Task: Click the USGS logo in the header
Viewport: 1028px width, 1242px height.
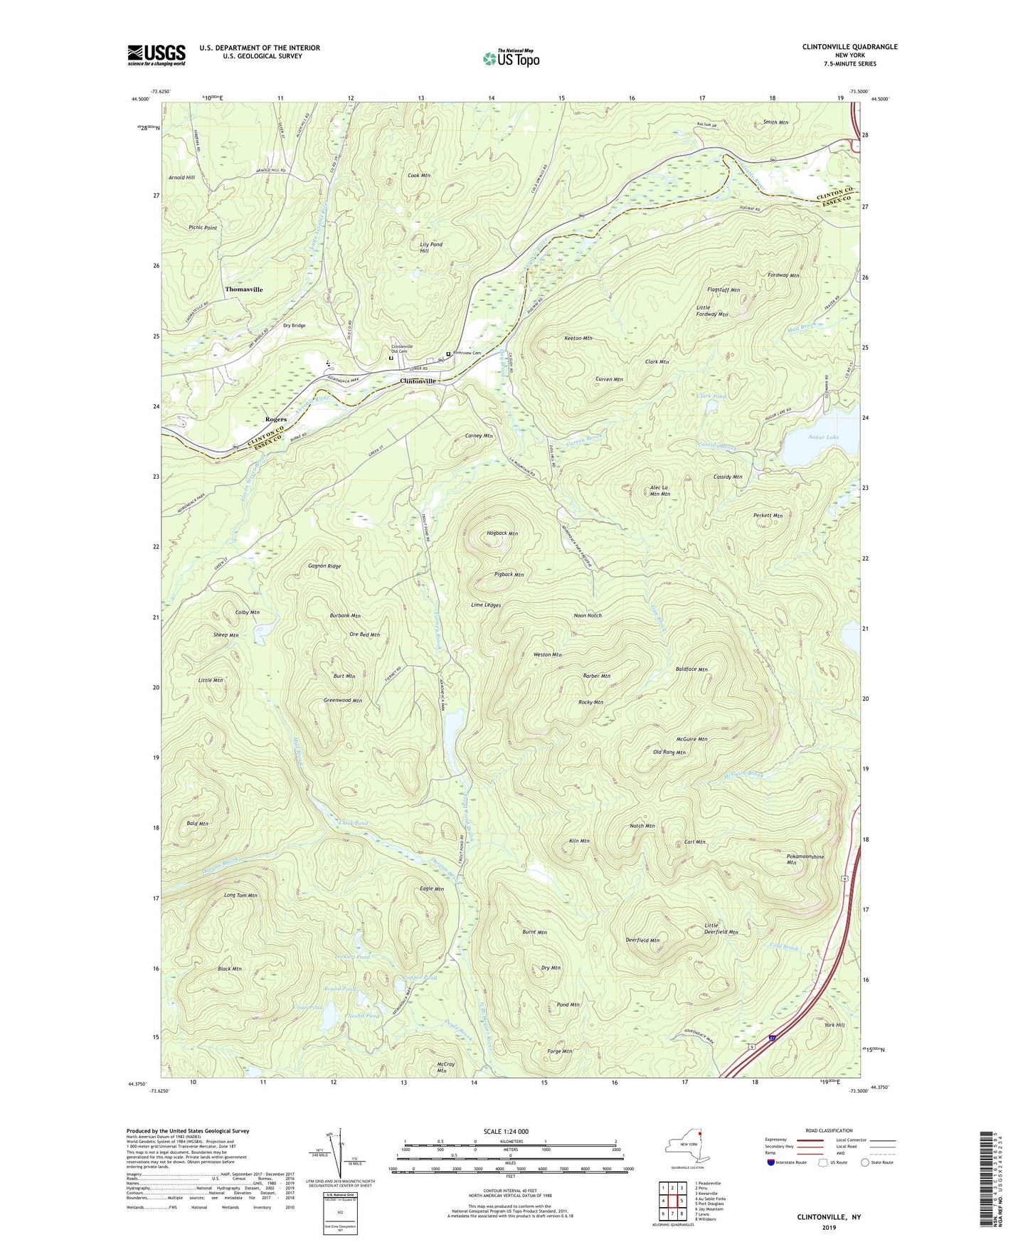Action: [x=156, y=55]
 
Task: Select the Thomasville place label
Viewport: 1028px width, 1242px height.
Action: [x=244, y=290]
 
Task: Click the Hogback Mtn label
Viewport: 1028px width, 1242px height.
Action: [x=502, y=533]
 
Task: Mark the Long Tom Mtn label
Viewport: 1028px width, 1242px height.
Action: [x=240, y=895]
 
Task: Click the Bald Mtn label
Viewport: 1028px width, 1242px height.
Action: [x=197, y=824]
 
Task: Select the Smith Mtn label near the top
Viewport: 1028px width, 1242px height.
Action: [x=775, y=122]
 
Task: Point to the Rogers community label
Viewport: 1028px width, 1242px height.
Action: [x=276, y=420]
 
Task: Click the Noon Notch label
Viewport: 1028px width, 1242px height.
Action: [x=588, y=615]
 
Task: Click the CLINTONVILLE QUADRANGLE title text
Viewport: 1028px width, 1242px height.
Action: [x=849, y=47]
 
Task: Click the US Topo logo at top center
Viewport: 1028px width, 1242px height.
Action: [x=511, y=58]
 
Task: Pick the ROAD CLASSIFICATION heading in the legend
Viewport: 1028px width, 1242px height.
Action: [x=829, y=1130]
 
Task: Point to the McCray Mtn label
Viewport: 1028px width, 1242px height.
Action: [x=442, y=1067]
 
